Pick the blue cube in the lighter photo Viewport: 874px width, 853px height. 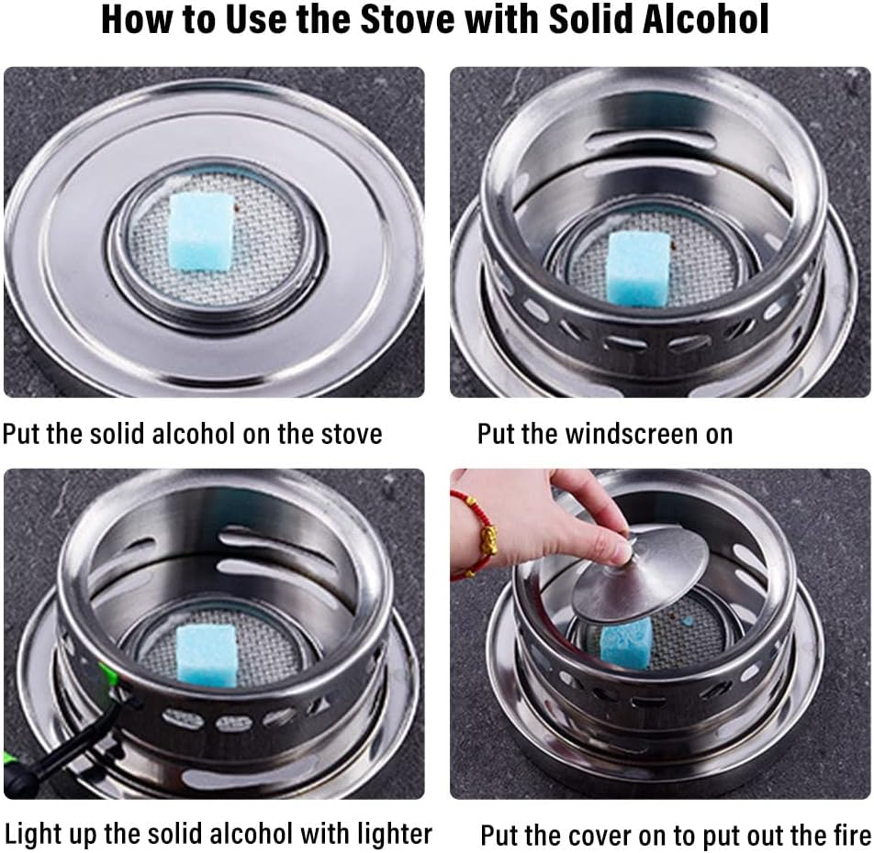[207, 655]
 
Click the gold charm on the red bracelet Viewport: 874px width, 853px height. [488, 541]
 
